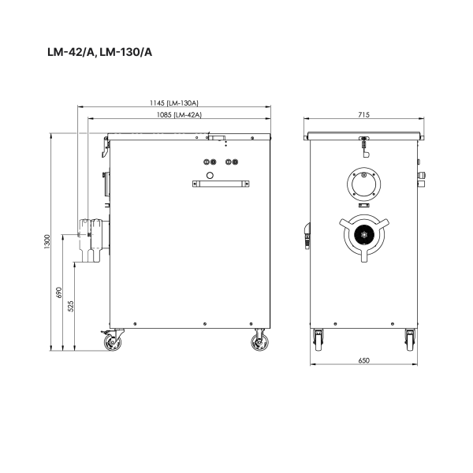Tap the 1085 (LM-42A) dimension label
coord(180,115)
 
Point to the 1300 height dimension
coord(47,241)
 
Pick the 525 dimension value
coord(72,307)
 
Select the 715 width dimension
coord(363,115)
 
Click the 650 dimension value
coord(363,360)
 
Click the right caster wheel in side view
coord(258,341)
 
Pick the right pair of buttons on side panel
coord(231,162)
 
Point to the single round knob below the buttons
coord(210,173)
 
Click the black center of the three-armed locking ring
coord(363,234)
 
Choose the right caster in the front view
coord(409,341)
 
